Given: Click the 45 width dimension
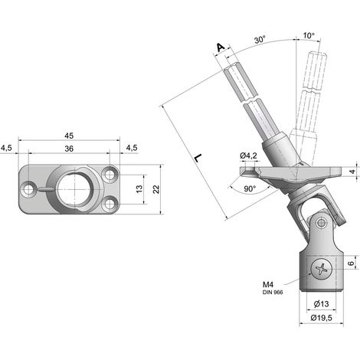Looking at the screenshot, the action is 69,136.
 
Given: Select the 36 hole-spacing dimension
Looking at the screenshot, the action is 69,149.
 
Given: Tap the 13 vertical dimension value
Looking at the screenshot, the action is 139,189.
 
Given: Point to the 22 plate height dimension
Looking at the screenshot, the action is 155,189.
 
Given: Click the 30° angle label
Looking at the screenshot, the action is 260,40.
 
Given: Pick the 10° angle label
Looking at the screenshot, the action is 309,35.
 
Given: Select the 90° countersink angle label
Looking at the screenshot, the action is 250,188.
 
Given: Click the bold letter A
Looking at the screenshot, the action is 221,47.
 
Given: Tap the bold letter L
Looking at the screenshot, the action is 198,158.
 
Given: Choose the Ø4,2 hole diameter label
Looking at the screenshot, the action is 248,155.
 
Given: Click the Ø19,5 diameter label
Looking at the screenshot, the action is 322,318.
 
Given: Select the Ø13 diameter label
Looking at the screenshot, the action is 321,304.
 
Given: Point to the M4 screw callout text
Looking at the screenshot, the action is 268,284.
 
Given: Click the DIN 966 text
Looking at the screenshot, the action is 273,293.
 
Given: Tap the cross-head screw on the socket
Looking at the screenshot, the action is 322,269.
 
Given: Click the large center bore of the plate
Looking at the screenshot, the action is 76,189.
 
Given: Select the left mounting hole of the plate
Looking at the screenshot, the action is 28,189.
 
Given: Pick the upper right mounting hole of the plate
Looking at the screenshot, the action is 110,175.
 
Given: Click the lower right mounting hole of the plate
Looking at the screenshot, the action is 110,204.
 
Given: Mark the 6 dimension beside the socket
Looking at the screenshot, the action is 352,263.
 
